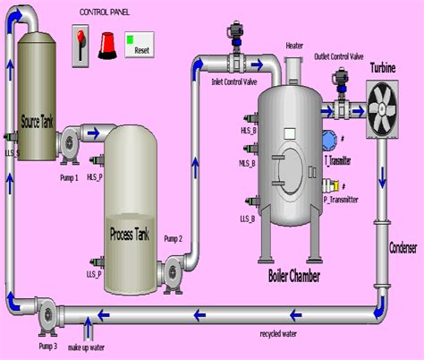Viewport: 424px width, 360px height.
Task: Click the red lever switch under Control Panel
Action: click(x=80, y=44)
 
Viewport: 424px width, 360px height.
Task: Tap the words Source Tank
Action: click(x=36, y=121)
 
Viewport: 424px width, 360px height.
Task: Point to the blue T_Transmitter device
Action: click(x=329, y=140)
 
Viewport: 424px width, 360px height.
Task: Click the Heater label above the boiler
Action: click(x=294, y=45)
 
